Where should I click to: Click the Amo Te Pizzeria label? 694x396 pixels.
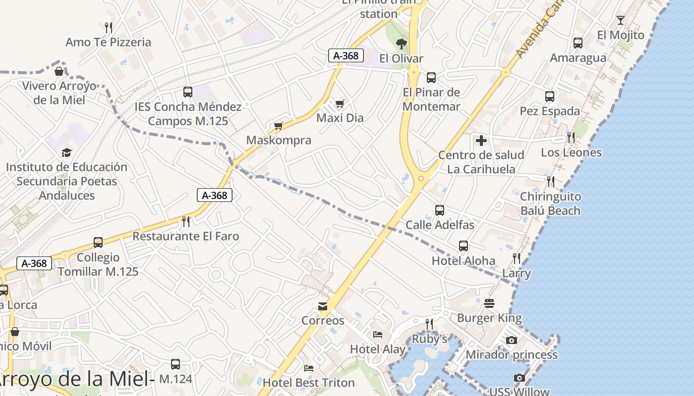pyautogui.click(x=108, y=42)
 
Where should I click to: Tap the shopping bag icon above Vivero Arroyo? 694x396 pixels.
pyautogui.click(x=58, y=71)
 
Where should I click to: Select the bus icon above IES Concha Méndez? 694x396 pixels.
pyautogui.click(x=187, y=92)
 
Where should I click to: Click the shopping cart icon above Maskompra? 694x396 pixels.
pyautogui.click(x=278, y=126)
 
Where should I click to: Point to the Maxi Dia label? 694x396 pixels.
pyautogui.click(x=340, y=118)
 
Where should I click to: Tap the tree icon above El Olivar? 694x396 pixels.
pyautogui.click(x=401, y=44)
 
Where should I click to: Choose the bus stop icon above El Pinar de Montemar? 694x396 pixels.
pyautogui.click(x=431, y=77)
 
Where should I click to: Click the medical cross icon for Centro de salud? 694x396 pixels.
pyautogui.click(x=481, y=141)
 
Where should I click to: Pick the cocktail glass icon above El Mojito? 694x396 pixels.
pyautogui.click(x=620, y=20)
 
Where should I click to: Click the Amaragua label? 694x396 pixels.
pyautogui.click(x=578, y=58)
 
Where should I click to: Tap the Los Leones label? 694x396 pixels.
pyautogui.click(x=571, y=152)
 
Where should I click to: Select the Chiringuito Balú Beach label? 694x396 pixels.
pyautogui.click(x=550, y=203)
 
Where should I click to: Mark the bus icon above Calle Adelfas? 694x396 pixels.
pyautogui.click(x=439, y=210)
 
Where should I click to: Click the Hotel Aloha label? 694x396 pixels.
pyautogui.click(x=463, y=261)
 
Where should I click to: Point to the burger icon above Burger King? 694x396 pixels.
pyautogui.click(x=489, y=303)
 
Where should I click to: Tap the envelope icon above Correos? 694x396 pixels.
pyautogui.click(x=323, y=306)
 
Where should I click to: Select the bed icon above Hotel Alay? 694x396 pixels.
pyautogui.click(x=378, y=335)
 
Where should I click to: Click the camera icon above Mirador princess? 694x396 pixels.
pyautogui.click(x=511, y=340)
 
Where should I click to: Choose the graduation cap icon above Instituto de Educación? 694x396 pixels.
pyautogui.click(x=66, y=152)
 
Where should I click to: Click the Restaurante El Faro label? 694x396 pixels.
pyautogui.click(x=185, y=236)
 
